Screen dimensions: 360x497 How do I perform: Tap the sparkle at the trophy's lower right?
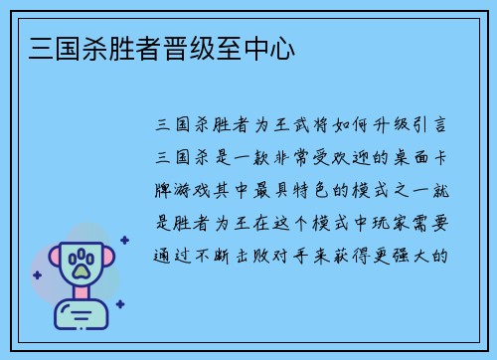(x=119, y=304)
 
